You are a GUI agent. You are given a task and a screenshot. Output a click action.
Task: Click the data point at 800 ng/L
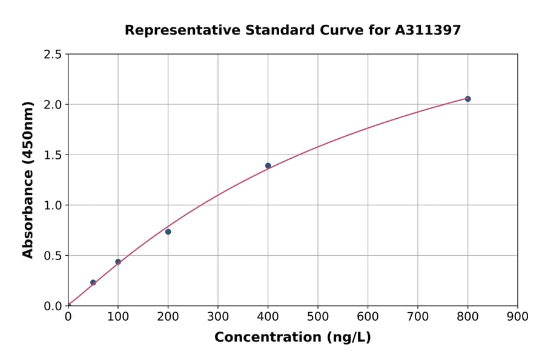point(467,99)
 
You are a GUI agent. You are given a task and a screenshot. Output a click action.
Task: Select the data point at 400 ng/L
point(268,165)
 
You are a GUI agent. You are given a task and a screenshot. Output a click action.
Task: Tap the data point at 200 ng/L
point(168,232)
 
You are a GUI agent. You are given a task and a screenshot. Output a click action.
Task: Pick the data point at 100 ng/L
point(118,262)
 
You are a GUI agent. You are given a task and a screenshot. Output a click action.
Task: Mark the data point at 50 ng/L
point(93,282)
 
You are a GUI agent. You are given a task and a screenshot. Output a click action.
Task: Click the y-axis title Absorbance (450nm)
point(28,179)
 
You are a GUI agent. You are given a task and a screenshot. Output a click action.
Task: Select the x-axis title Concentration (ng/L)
point(292,337)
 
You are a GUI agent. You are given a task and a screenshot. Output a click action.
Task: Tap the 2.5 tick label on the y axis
point(52,55)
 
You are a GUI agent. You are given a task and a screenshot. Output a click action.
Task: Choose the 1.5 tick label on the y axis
point(52,155)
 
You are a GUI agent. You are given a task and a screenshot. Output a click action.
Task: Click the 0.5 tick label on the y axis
point(52,256)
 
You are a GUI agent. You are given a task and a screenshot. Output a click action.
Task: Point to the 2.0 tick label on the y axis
point(52,105)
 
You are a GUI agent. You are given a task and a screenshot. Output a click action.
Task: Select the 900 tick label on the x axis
point(518,316)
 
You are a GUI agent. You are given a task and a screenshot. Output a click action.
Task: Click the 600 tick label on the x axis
point(368,316)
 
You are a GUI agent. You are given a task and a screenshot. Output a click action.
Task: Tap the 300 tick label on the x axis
point(218,316)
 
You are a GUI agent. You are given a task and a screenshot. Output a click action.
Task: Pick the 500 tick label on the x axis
point(318,316)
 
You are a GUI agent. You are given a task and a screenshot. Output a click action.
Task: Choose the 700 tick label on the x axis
point(418,316)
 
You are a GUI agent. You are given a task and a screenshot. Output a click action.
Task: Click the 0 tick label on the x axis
point(68,316)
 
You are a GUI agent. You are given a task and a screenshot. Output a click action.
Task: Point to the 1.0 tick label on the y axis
point(52,205)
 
